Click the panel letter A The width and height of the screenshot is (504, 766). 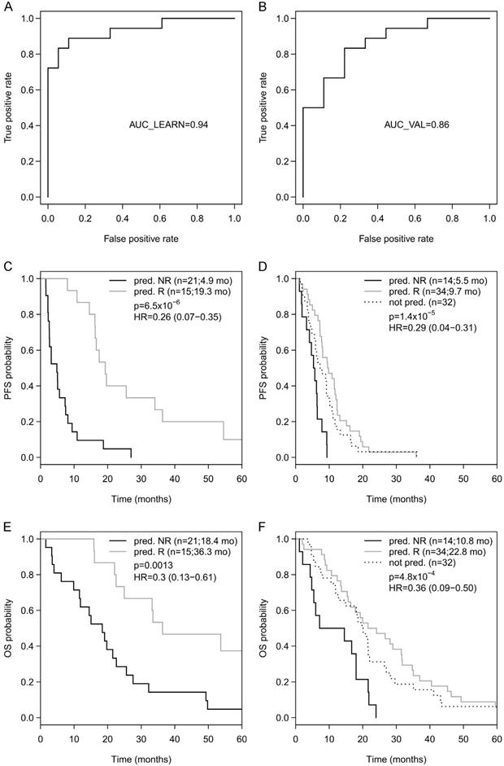[x=6, y=7]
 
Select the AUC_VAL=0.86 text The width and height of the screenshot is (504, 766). [x=417, y=125]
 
